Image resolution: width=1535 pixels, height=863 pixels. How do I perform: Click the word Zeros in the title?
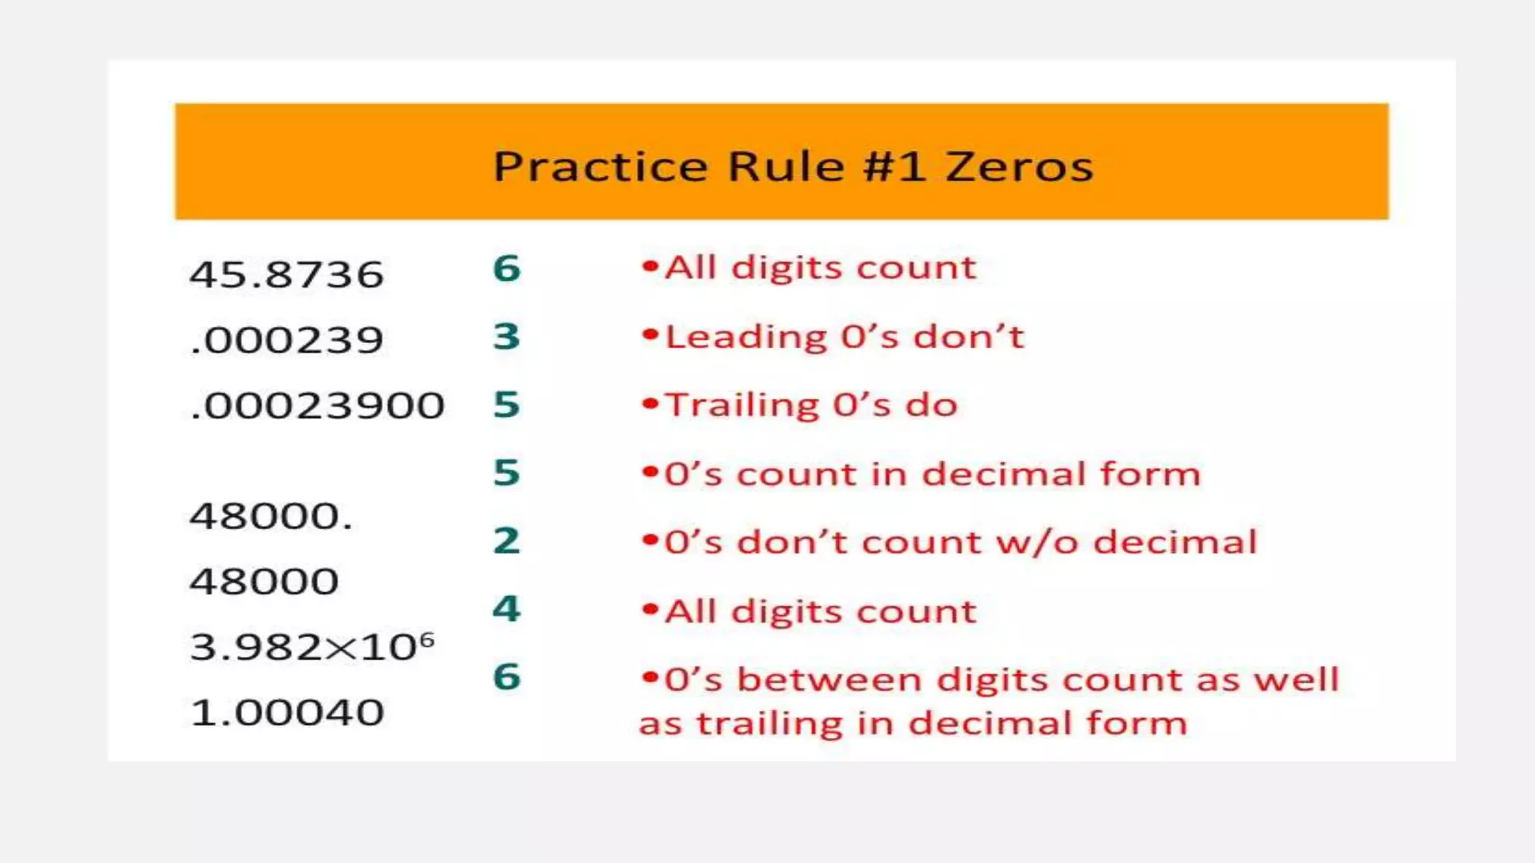click(x=1019, y=166)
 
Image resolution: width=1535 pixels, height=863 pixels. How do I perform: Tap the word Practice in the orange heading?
click(x=600, y=166)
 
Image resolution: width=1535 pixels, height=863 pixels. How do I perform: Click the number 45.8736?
click(x=286, y=274)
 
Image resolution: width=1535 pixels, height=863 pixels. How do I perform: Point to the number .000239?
click(x=286, y=340)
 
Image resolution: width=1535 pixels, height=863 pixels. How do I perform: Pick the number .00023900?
click(x=317, y=406)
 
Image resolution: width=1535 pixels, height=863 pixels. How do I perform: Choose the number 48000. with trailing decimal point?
click(x=271, y=516)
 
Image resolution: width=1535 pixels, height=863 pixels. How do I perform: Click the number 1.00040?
click(x=286, y=712)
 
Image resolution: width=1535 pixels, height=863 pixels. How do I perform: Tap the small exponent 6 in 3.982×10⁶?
click(x=426, y=639)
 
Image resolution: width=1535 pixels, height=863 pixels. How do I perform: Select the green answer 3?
click(x=507, y=336)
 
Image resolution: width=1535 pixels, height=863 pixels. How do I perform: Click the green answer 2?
click(x=507, y=541)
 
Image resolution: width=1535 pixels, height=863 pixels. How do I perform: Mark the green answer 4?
click(x=507, y=608)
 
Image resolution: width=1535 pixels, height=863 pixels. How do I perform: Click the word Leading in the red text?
click(x=746, y=337)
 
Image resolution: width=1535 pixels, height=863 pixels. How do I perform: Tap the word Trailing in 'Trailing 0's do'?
click(x=742, y=405)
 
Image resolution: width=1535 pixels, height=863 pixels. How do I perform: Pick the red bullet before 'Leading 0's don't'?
click(x=650, y=335)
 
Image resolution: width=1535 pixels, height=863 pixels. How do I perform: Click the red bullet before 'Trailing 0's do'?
click(x=650, y=404)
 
